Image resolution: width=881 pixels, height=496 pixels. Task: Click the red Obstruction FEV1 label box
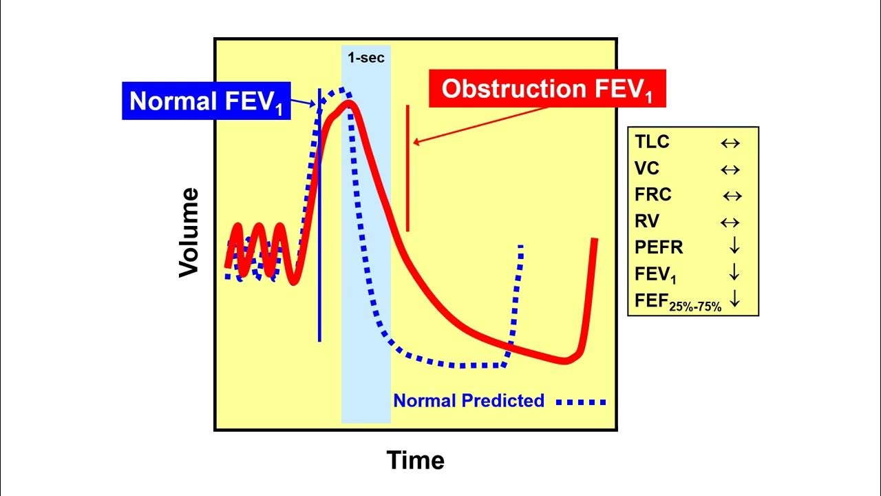coord(547,89)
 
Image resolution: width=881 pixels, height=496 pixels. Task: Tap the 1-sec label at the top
coord(365,58)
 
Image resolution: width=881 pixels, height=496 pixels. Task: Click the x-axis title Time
coord(415,459)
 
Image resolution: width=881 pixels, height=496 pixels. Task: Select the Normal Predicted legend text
coord(469,400)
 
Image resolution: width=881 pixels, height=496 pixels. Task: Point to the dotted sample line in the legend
coord(582,402)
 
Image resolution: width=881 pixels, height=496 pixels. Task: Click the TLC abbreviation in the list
coord(652,143)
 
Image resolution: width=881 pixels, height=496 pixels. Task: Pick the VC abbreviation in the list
coord(647,169)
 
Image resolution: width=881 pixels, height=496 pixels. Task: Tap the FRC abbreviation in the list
coord(653,195)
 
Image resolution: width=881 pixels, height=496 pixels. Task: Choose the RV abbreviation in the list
coord(647,222)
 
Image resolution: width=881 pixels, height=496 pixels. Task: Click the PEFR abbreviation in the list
coord(659,247)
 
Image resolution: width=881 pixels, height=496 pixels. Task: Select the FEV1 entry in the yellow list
coord(655,274)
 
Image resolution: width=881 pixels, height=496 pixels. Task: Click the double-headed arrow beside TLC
coord(730,143)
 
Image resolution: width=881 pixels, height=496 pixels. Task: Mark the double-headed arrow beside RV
coord(730,223)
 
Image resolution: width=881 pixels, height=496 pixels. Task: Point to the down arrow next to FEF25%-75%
coord(734,299)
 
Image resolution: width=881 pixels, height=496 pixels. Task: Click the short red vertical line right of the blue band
coord(407,169)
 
